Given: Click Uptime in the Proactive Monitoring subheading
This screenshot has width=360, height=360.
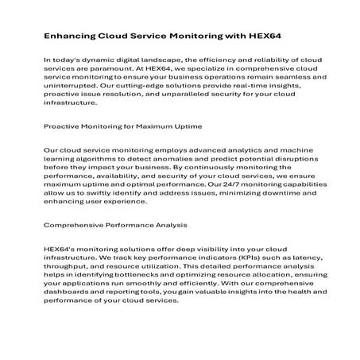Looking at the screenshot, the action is (187, 126).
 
